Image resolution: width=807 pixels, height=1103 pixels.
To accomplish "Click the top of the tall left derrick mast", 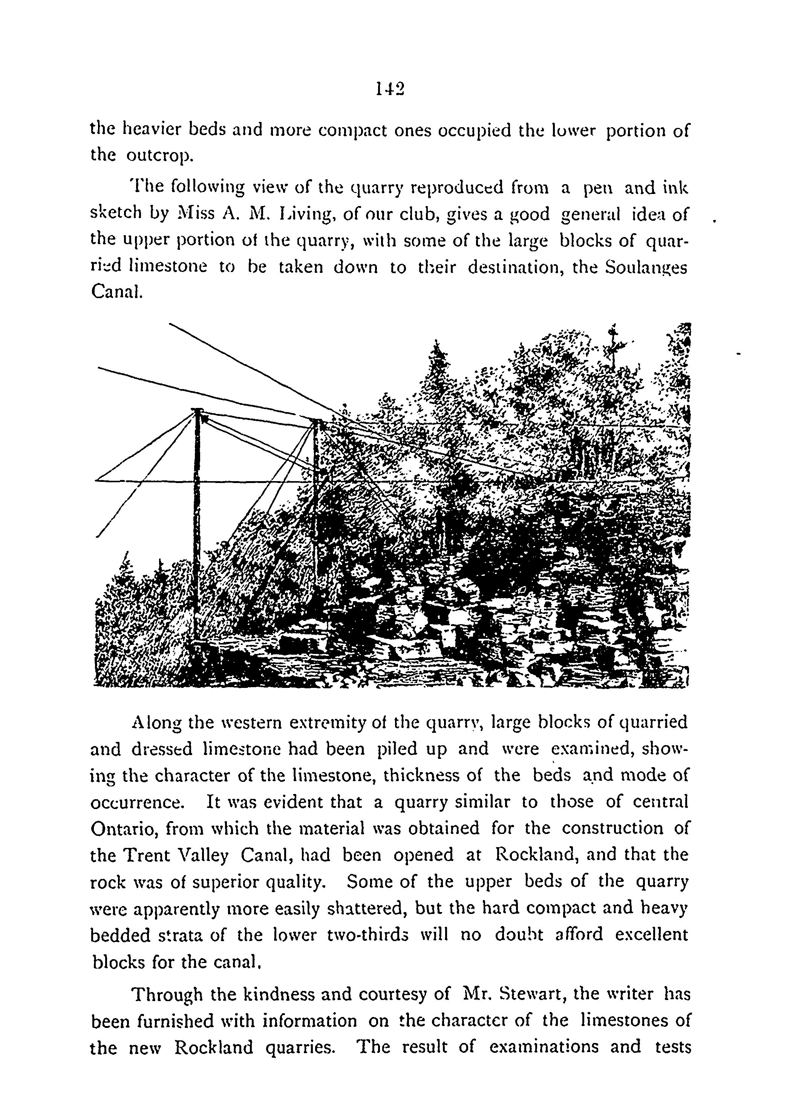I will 198,410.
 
